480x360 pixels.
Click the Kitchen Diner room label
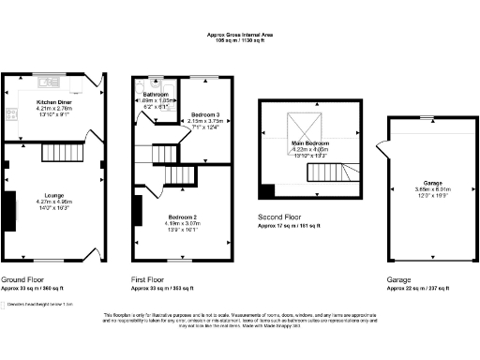pos(53,101)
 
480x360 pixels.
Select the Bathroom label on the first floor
pos(156,96)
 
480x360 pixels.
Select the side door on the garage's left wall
pos(379,150)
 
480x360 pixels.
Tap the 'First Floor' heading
pos(146,279)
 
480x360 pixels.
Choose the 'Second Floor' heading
pos(280,217)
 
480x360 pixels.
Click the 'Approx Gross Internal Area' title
pos(240,36)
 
